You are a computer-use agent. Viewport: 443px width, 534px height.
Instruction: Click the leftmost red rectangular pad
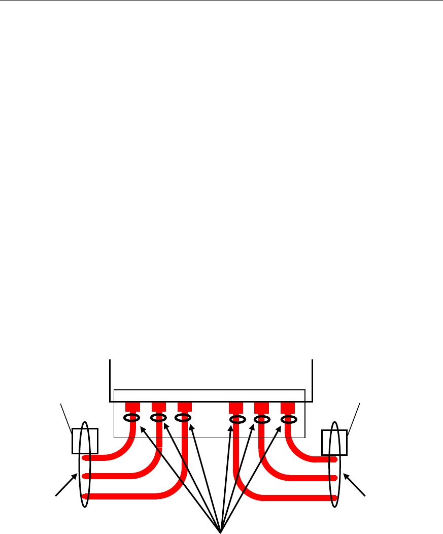pyautogui.click(x=132, y=407)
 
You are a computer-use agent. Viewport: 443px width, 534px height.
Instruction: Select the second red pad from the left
pyautogui.click(x=159, y=407)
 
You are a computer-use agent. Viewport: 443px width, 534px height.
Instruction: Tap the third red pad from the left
pyautogui.click(x=184, y=407)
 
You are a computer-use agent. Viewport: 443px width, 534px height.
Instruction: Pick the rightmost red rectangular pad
pyautogui.click(x=288, y=407)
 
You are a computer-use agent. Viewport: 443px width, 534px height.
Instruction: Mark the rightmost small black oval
pyautogui.click(x=289, y=419)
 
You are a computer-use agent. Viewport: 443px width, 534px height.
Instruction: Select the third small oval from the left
pyautogui.click(x=183, y=418)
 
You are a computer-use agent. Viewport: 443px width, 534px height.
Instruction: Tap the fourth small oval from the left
pyautogui.click(x=237, y=419)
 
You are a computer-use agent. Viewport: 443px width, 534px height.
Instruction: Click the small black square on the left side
pyautogui.click(x=84, y=441)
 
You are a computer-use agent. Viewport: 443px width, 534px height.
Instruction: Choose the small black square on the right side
pyautogui.click(x=334, y=442)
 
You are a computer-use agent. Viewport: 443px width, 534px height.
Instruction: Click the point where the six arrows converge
pyautogui.click(x=221, y=530)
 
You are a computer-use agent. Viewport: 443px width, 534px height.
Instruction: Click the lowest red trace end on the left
pyautogui.click(x=85, y=496)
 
